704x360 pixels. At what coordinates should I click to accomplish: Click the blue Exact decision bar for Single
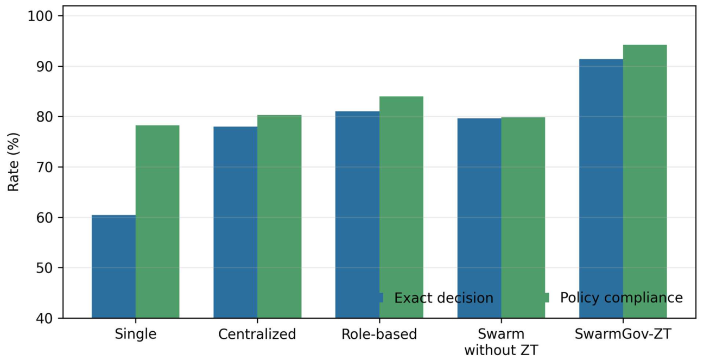tap(113, 267)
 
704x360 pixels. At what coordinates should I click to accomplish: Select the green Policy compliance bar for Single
tap(157, 222)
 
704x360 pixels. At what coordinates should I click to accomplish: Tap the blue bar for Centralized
tap(236, 222)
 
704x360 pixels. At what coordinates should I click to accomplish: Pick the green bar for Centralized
tap(280, 217)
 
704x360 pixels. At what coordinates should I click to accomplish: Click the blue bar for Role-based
tap(357, 214)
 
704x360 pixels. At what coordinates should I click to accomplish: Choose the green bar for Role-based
tap(401, 207)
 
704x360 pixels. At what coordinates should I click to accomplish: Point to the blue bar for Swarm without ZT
tap(479, 218)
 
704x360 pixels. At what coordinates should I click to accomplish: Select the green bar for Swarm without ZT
tap(523, 218)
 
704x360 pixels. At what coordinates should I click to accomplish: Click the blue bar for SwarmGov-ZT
tap(601, 188)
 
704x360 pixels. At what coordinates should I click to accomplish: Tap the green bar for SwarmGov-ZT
tap(645, 181)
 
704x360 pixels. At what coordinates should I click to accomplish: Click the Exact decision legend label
tap(444, 298)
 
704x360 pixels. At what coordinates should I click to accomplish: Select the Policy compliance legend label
tap(621, 298)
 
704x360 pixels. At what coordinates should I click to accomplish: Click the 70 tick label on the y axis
tap(45, 167)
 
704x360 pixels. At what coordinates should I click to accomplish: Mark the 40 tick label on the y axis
tap(45, 319)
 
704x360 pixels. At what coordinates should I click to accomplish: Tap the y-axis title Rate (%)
tap(14, 162)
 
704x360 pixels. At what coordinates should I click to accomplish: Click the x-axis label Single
tap(136, 334)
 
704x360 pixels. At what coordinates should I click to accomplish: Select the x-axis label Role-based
tap(379, 334)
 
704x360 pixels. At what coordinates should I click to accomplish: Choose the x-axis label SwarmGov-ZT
tap(623, 333)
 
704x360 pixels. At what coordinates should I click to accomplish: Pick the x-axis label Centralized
tap(257, 334)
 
